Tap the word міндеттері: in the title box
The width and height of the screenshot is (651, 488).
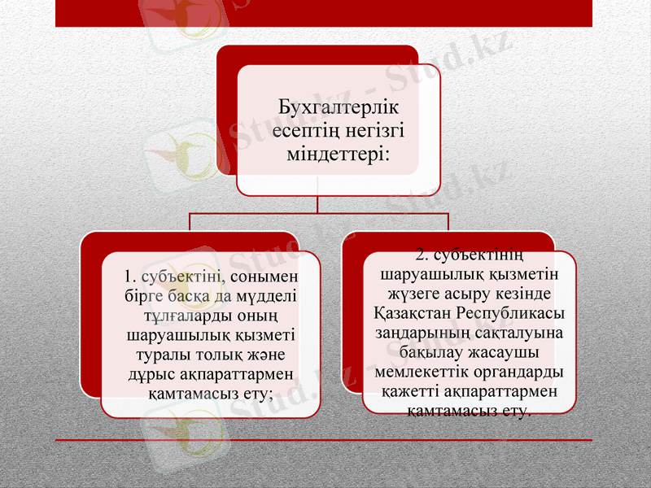pyautogui.click(x=339, y=153)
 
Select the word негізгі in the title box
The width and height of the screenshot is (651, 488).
pyautogui.click(x=372, y=130)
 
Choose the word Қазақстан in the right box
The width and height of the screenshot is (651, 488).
pyautogui.click(x=414, y=314)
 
